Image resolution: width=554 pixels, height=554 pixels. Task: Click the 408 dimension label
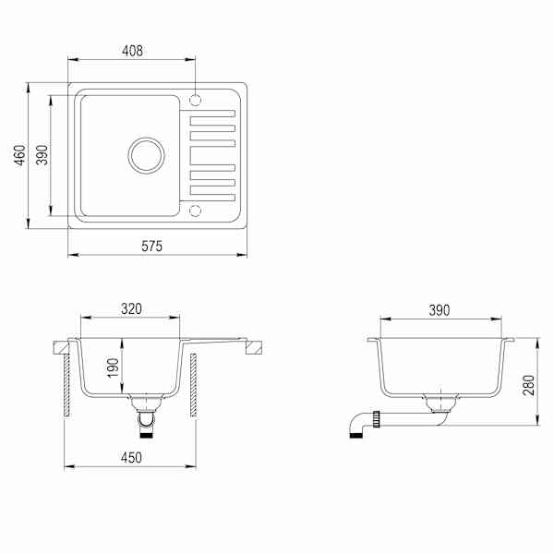(132, 51)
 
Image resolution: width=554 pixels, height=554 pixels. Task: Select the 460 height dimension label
(19, 155)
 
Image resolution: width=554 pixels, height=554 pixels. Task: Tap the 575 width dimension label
(152, 246)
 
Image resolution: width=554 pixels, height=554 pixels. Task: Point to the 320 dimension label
(131, 308)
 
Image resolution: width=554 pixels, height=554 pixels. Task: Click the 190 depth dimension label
(113, 367)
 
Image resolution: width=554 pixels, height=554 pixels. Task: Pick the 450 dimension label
(131, 458)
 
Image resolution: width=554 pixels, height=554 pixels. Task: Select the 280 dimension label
(529, 385)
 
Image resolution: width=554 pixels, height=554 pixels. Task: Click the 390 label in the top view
(42, 155)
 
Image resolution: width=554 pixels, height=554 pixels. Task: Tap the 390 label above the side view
(440, 310)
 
